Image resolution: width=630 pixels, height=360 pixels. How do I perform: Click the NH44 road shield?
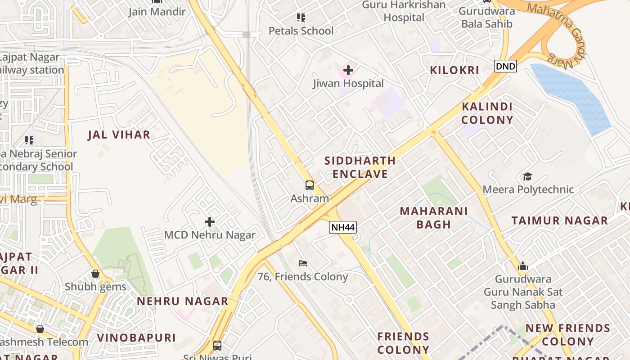pyautogui.click(x=343, y=227)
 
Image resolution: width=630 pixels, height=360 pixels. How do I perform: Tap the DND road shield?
pyautogui.click(x=505, y=67)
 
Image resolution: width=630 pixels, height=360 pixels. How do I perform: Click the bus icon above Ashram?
pyautogui.click(x=310, y=185)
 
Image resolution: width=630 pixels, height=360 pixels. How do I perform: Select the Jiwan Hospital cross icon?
pyautogui.click(x=348, y=70)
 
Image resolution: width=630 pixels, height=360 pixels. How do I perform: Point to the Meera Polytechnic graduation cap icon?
pyautogui.click(x=527, y=176)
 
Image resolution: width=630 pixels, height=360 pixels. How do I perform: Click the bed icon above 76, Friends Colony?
pyautogui.click(x=303, y=263)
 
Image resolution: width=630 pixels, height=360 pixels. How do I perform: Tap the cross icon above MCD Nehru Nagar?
pyautogui.click(x=209, y=222)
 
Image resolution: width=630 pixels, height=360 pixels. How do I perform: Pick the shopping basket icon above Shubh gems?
pyautogui.click(x=95, y=274)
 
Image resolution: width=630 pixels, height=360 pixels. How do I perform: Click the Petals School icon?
pyautogui.click(x=301, y=18)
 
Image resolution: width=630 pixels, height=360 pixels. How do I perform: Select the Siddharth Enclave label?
pyautogui.click(x=360, y=167)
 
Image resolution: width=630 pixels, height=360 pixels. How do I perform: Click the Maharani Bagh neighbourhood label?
pyautogui.click(x=434, y=218)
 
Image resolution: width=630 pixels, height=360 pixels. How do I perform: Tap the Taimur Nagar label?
pyautogui.click(x=560, y=220)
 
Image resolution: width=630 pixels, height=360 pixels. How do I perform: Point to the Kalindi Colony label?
pyautogui.click(x=487, y=113)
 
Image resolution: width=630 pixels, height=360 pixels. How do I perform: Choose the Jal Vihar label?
pyautogui.click(x=119, y=135)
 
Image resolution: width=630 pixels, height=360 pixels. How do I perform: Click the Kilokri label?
pyautogui.click(x=454, y=70)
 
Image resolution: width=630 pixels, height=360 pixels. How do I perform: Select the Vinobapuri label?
pyautogui.click(x=136, y=337)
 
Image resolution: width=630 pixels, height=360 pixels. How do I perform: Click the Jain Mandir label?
pyautogui.click(x=157, y=12)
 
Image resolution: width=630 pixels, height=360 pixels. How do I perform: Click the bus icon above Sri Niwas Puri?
pyautogui.click(x=217, y=346)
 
